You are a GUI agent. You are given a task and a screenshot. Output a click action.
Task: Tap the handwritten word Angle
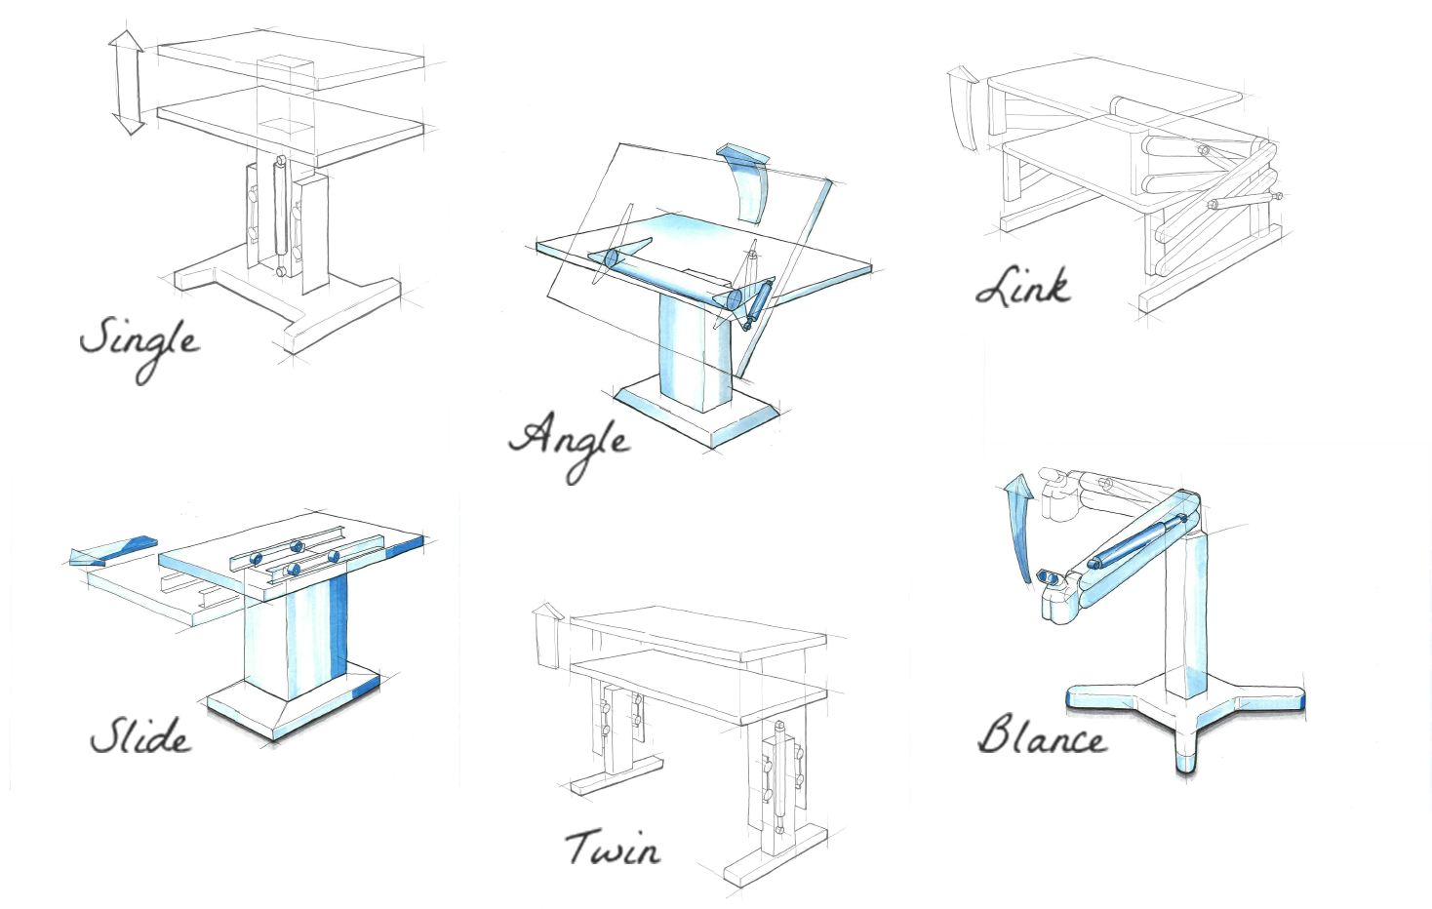point(569,445)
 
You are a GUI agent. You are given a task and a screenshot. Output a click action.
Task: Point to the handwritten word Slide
point(140,735)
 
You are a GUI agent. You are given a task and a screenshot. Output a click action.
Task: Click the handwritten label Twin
point(613,848)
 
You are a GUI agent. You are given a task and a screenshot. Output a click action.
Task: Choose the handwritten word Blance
point(1042,735)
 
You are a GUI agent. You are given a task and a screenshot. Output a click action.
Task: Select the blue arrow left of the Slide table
point(112,551)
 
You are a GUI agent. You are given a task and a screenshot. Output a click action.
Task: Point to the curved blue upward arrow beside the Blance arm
point(1017,524)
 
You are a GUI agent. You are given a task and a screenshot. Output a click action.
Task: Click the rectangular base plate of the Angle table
point(696,413)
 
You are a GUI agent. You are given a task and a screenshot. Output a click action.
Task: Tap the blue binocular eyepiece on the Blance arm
point(1049,576)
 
